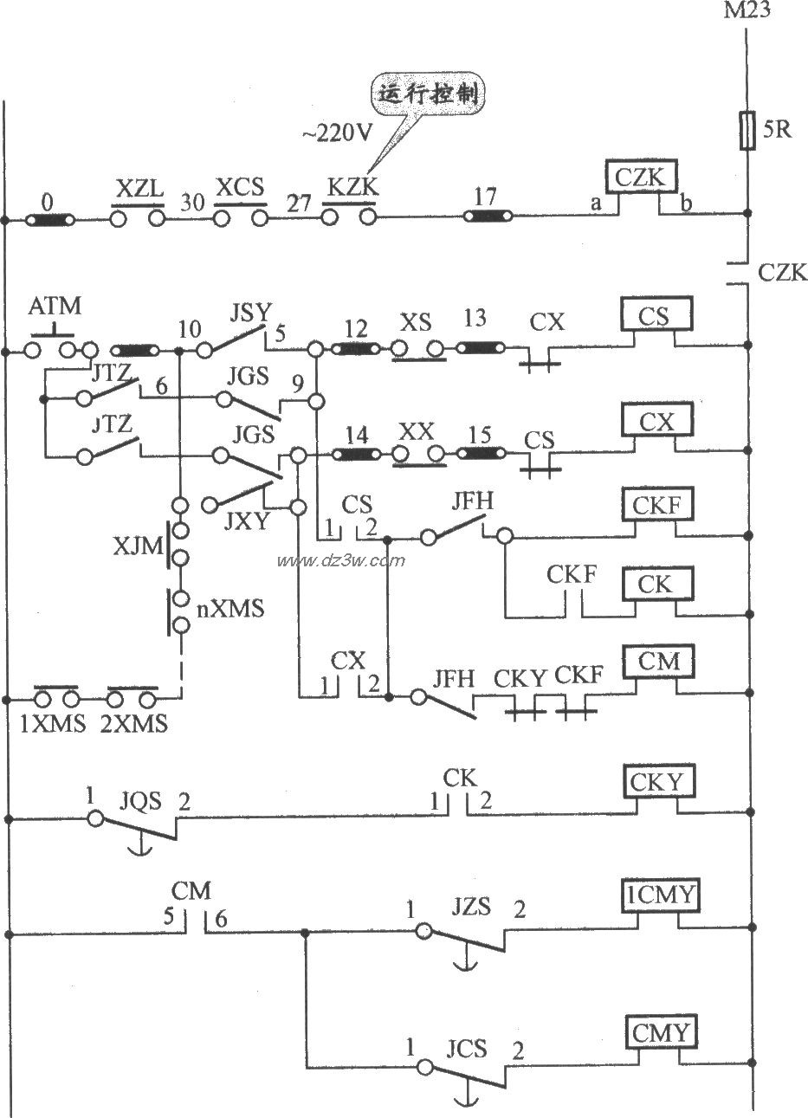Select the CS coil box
click(655, 316)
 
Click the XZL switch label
click(138, 187)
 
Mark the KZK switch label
click(351, 187)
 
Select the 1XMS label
click(53, 724)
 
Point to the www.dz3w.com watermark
click(340, 560)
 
